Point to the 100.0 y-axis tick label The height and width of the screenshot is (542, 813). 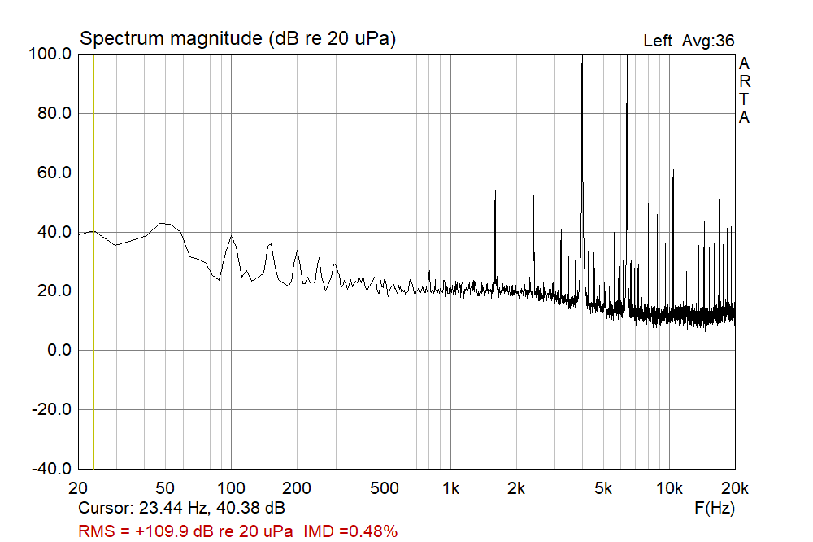coord(51,54)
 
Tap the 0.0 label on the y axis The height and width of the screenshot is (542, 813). coord(59,351)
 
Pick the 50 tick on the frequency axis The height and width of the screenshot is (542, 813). coord(165,488)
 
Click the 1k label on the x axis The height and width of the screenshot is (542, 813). coord(450,488)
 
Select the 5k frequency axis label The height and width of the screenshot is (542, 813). coord(603,488)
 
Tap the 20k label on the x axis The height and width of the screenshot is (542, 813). coord(734,488)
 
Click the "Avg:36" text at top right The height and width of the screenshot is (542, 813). coord(709,41)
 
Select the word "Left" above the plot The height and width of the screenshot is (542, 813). coord(658,41)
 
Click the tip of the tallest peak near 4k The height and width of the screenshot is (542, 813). coord(582,55)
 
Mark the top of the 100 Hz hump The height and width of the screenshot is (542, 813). coord(232,236)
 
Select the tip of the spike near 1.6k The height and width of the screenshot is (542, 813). coord(495,190)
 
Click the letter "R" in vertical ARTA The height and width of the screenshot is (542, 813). coord(744,81)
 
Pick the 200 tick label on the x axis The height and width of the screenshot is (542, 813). coord(298,488)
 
